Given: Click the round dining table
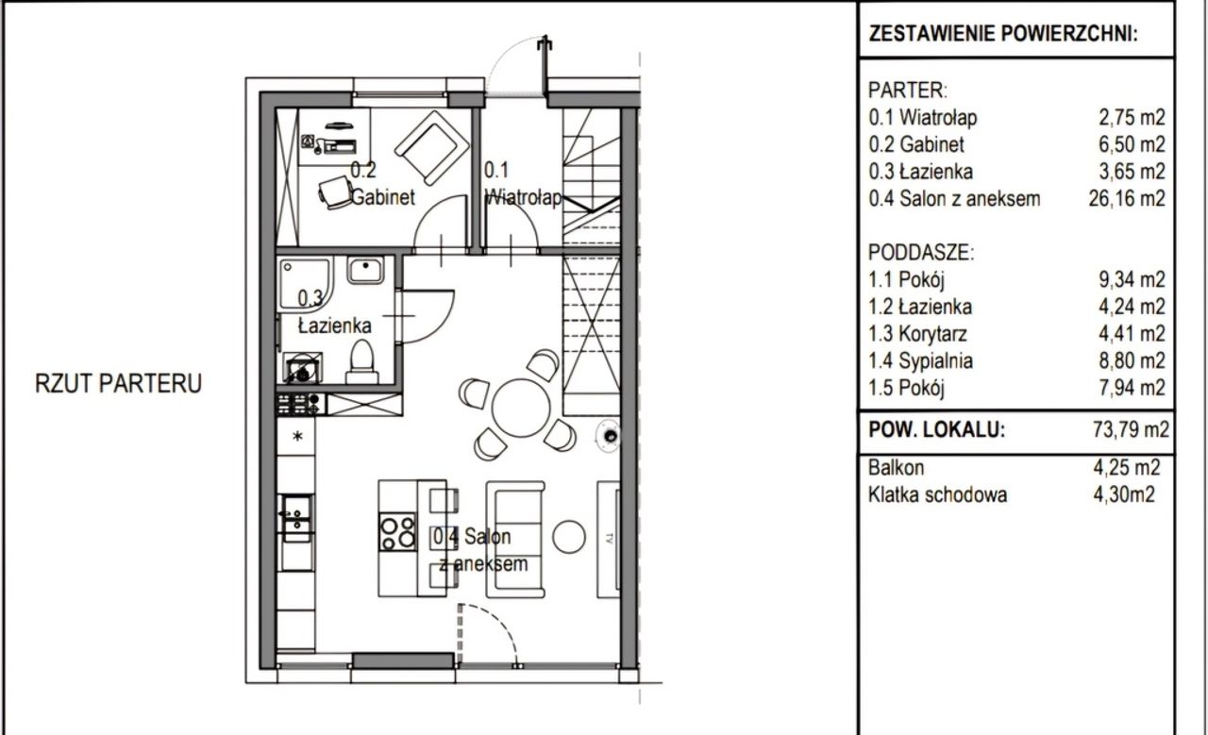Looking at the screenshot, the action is [x=521, y=408].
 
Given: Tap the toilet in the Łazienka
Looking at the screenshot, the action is [x=361, y=361].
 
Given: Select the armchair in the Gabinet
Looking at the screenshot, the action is [x=431, y=148].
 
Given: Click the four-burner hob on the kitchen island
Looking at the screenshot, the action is [x=397, y=532].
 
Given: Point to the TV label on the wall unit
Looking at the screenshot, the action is [x=609, y=539].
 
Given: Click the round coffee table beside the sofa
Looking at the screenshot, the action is [x=568, y=537].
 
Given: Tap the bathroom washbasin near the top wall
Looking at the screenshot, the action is [x=365, y=270].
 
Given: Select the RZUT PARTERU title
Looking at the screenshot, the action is [x=118, y=383].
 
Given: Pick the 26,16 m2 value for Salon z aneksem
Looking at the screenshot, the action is [x=1127, y=198].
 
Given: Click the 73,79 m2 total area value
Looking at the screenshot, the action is [x=1131, y=430].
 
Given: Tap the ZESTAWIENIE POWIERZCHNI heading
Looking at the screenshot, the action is [x=1003, y=33].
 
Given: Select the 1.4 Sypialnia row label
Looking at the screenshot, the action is [x=920, y=360].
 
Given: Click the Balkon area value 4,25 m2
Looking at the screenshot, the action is [x=1127, y=468].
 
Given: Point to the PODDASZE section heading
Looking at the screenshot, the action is [x=922, y=252].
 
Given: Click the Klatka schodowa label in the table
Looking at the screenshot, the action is [x=937, y=494].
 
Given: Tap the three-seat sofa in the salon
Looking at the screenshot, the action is [x=515, y=540].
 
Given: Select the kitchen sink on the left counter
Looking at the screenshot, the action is [x=296, y=518].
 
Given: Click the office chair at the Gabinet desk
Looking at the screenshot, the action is [x=335, y=192].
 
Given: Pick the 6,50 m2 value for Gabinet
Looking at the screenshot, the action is [x=1132, y=144].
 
